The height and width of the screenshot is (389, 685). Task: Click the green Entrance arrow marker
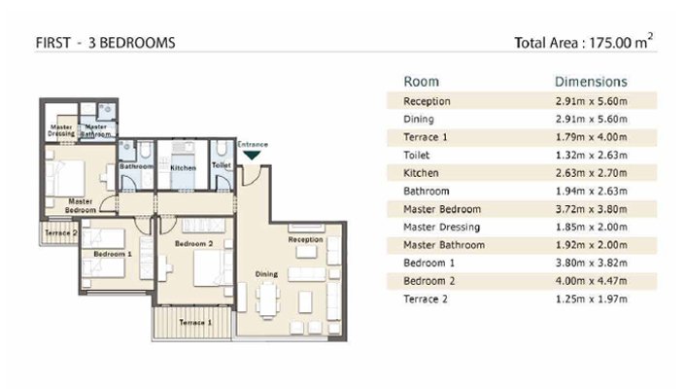click(252, 156)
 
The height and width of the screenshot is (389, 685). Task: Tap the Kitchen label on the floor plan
click(183, 168)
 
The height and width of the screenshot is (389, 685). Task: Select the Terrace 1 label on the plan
click(195, 323)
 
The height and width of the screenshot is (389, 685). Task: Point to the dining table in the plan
click(267, 300)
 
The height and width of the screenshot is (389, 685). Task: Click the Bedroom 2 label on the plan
click(194, 243)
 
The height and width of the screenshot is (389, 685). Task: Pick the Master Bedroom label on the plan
click(81, 205)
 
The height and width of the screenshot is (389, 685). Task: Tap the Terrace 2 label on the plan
click(60, 233)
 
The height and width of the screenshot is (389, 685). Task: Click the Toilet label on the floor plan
click(222, 165)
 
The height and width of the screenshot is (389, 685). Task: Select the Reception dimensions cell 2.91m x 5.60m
click(592, 101)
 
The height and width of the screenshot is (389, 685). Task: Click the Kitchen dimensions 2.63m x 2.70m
click(592, 173)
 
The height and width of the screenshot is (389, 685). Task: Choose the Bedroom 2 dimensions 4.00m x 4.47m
click(592, 281)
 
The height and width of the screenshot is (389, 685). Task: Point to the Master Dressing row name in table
click(442, 228)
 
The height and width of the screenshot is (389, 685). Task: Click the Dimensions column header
click(591, 82)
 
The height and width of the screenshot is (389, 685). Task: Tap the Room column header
click(421, 82)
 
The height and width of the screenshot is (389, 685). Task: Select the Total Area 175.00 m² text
click(584, 42)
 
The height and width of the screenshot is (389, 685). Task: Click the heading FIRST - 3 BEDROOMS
click(105, 43)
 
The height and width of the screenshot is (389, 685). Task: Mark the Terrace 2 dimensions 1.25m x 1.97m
click(592, 299)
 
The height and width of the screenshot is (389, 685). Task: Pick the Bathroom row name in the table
click(427, 191)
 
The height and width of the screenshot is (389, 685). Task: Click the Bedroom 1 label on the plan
click(113, 254)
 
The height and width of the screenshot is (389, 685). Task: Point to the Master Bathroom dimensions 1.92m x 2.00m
click(592, 245)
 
